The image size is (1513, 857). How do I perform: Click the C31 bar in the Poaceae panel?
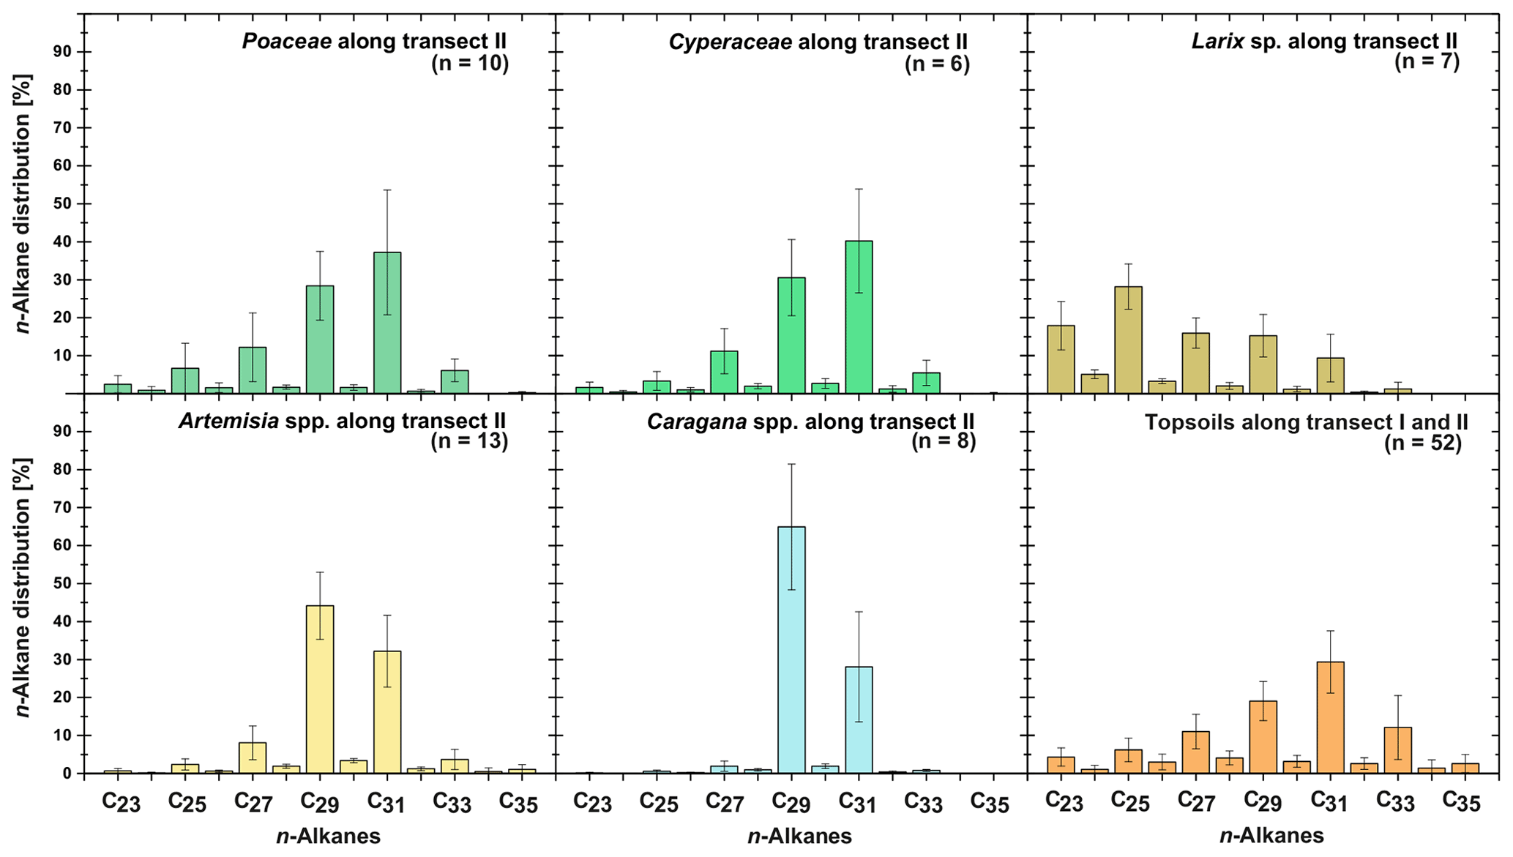[x=387, y=323]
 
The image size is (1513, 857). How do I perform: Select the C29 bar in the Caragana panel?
[x=791, y=649]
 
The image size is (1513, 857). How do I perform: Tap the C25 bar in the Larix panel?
[x=1129, y=340]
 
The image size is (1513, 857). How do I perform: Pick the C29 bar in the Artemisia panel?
[x=320, y=689]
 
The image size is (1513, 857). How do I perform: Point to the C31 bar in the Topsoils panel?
[x=1330, y=717]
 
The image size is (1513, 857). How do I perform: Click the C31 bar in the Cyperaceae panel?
[x=859, y=317]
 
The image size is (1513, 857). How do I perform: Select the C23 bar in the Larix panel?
[x=1061, y=359]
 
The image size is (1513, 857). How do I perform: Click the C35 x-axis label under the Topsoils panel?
[x=1462, y=802]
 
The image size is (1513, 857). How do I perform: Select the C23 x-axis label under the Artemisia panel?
[x=121, y=803]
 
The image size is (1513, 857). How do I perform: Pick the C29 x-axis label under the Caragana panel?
[x=792, y=803]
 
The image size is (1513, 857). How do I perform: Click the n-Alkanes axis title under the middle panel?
[x=799, y=836]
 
